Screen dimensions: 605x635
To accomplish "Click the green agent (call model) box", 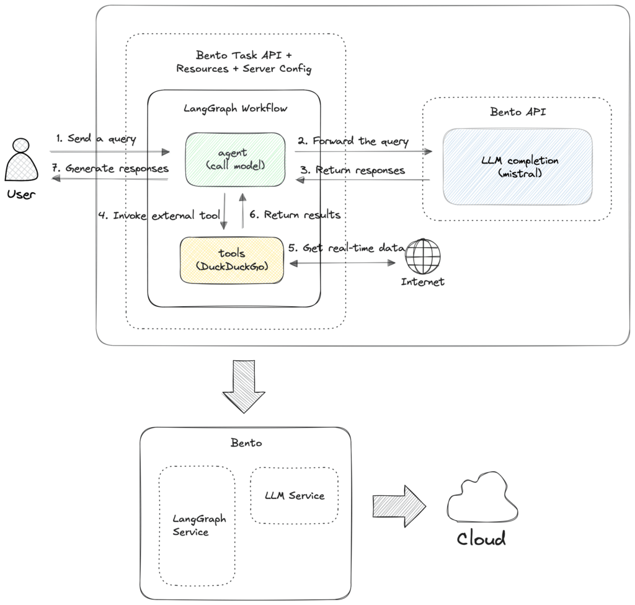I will (235, 159).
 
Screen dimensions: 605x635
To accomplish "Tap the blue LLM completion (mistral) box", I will (517, 166).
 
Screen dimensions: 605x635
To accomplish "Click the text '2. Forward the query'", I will (353, 141).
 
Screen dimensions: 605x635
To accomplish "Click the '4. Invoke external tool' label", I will (158, 215).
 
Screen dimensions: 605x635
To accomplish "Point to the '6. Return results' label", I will (295, 215).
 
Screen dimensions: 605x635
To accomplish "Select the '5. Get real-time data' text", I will (346, 247).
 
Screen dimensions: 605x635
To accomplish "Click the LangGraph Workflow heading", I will (235, 108).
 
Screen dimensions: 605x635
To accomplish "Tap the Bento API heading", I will (517, 113).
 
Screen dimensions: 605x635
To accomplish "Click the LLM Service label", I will (294, 495).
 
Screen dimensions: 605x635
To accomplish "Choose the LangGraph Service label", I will (199, 525).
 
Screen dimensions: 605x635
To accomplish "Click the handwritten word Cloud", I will (481, 538).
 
